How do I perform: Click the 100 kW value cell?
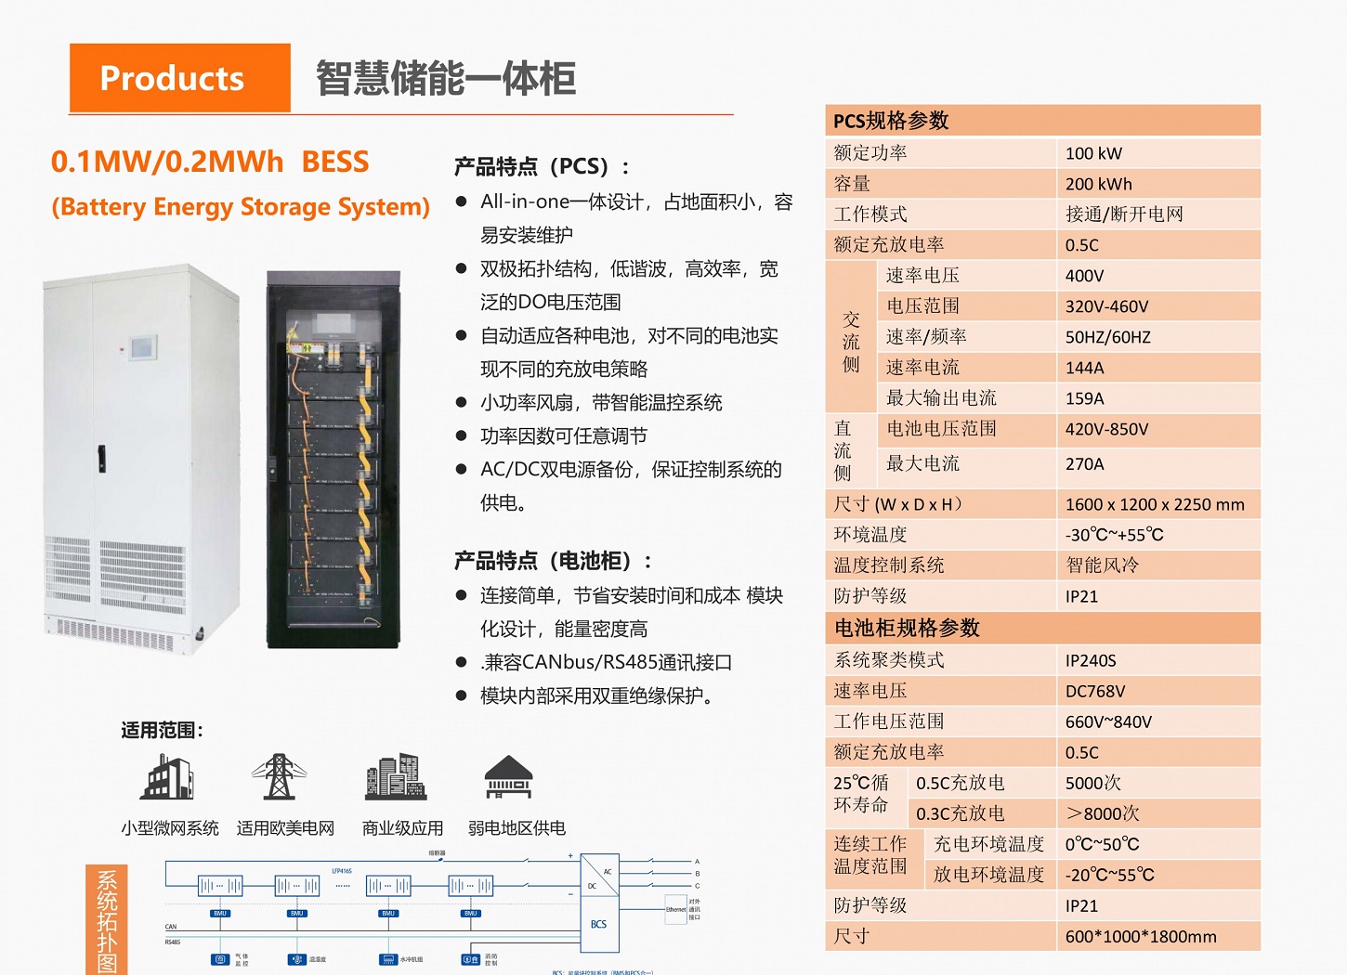[1093, 153]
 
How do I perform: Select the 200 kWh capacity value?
[1098, 184]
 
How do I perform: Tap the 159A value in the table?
[1084, 398]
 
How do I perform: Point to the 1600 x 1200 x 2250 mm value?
[1154, 504]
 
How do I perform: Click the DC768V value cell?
[1095, 691]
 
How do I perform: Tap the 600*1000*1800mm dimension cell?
[1141, 936]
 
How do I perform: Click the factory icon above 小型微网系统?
[167, 777]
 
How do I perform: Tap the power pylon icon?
[279, 777]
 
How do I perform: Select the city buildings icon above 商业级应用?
[396, 777]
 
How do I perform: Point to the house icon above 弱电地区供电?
[509, 777]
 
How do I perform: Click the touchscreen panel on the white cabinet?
[142, 348]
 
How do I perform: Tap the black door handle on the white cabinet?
[101, 458]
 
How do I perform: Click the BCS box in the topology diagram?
[599, 924]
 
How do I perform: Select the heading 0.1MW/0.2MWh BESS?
[210, 162]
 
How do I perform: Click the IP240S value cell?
[1091, 660]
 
